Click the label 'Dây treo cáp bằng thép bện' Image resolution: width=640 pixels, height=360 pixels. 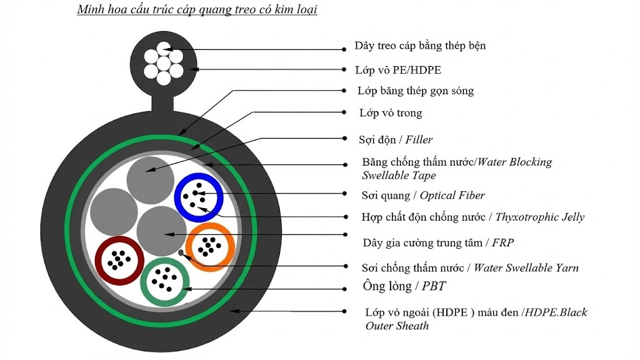pyautogui.click(x=420, y=46)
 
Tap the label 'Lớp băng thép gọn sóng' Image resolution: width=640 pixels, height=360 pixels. pyautogui.click(x=416, y=91)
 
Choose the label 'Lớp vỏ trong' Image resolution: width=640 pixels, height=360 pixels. pyautogui.click(x=391, y=113)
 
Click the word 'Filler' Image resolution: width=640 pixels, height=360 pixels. pyautogui.click(x=419, y=139)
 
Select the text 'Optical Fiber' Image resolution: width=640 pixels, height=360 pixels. pyautogui.click(x=452, y=196)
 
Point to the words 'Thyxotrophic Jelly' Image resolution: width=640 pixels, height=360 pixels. pyautogui.click(x=540, y=217)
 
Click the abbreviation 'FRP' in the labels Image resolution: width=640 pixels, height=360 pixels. pyautogui.click(x=503, y=242)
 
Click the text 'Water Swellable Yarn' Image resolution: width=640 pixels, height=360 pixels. pyautogui.click(x=526, y=268)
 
